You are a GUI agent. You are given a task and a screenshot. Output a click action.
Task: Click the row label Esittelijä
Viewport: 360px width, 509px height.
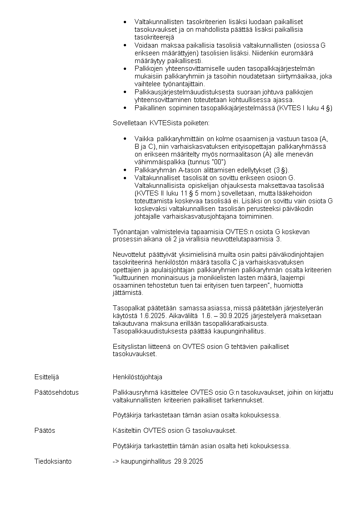[47, 377]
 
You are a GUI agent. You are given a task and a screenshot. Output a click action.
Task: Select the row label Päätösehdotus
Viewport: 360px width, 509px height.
[56, 392]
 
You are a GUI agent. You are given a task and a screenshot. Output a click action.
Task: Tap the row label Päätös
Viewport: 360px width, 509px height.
[45, 431]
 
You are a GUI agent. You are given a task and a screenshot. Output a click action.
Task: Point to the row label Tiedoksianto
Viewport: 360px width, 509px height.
[53, 461]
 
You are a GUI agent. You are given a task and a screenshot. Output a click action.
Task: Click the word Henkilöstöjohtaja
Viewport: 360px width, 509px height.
[137, 377]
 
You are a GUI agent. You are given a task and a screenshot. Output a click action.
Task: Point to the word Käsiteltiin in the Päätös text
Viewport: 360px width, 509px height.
[126, 431]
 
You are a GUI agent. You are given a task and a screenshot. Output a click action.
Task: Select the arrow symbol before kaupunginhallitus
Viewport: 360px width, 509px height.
[116, 461]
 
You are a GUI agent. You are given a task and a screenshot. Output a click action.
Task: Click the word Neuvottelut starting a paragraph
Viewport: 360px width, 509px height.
[129, 254]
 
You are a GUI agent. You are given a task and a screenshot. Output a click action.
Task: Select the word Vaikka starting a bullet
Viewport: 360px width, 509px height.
[144, 138]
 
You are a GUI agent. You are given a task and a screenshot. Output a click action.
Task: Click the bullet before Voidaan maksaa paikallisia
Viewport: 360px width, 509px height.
[125, 45]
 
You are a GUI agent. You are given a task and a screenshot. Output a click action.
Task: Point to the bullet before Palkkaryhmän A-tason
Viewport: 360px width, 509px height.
[125, 170]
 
